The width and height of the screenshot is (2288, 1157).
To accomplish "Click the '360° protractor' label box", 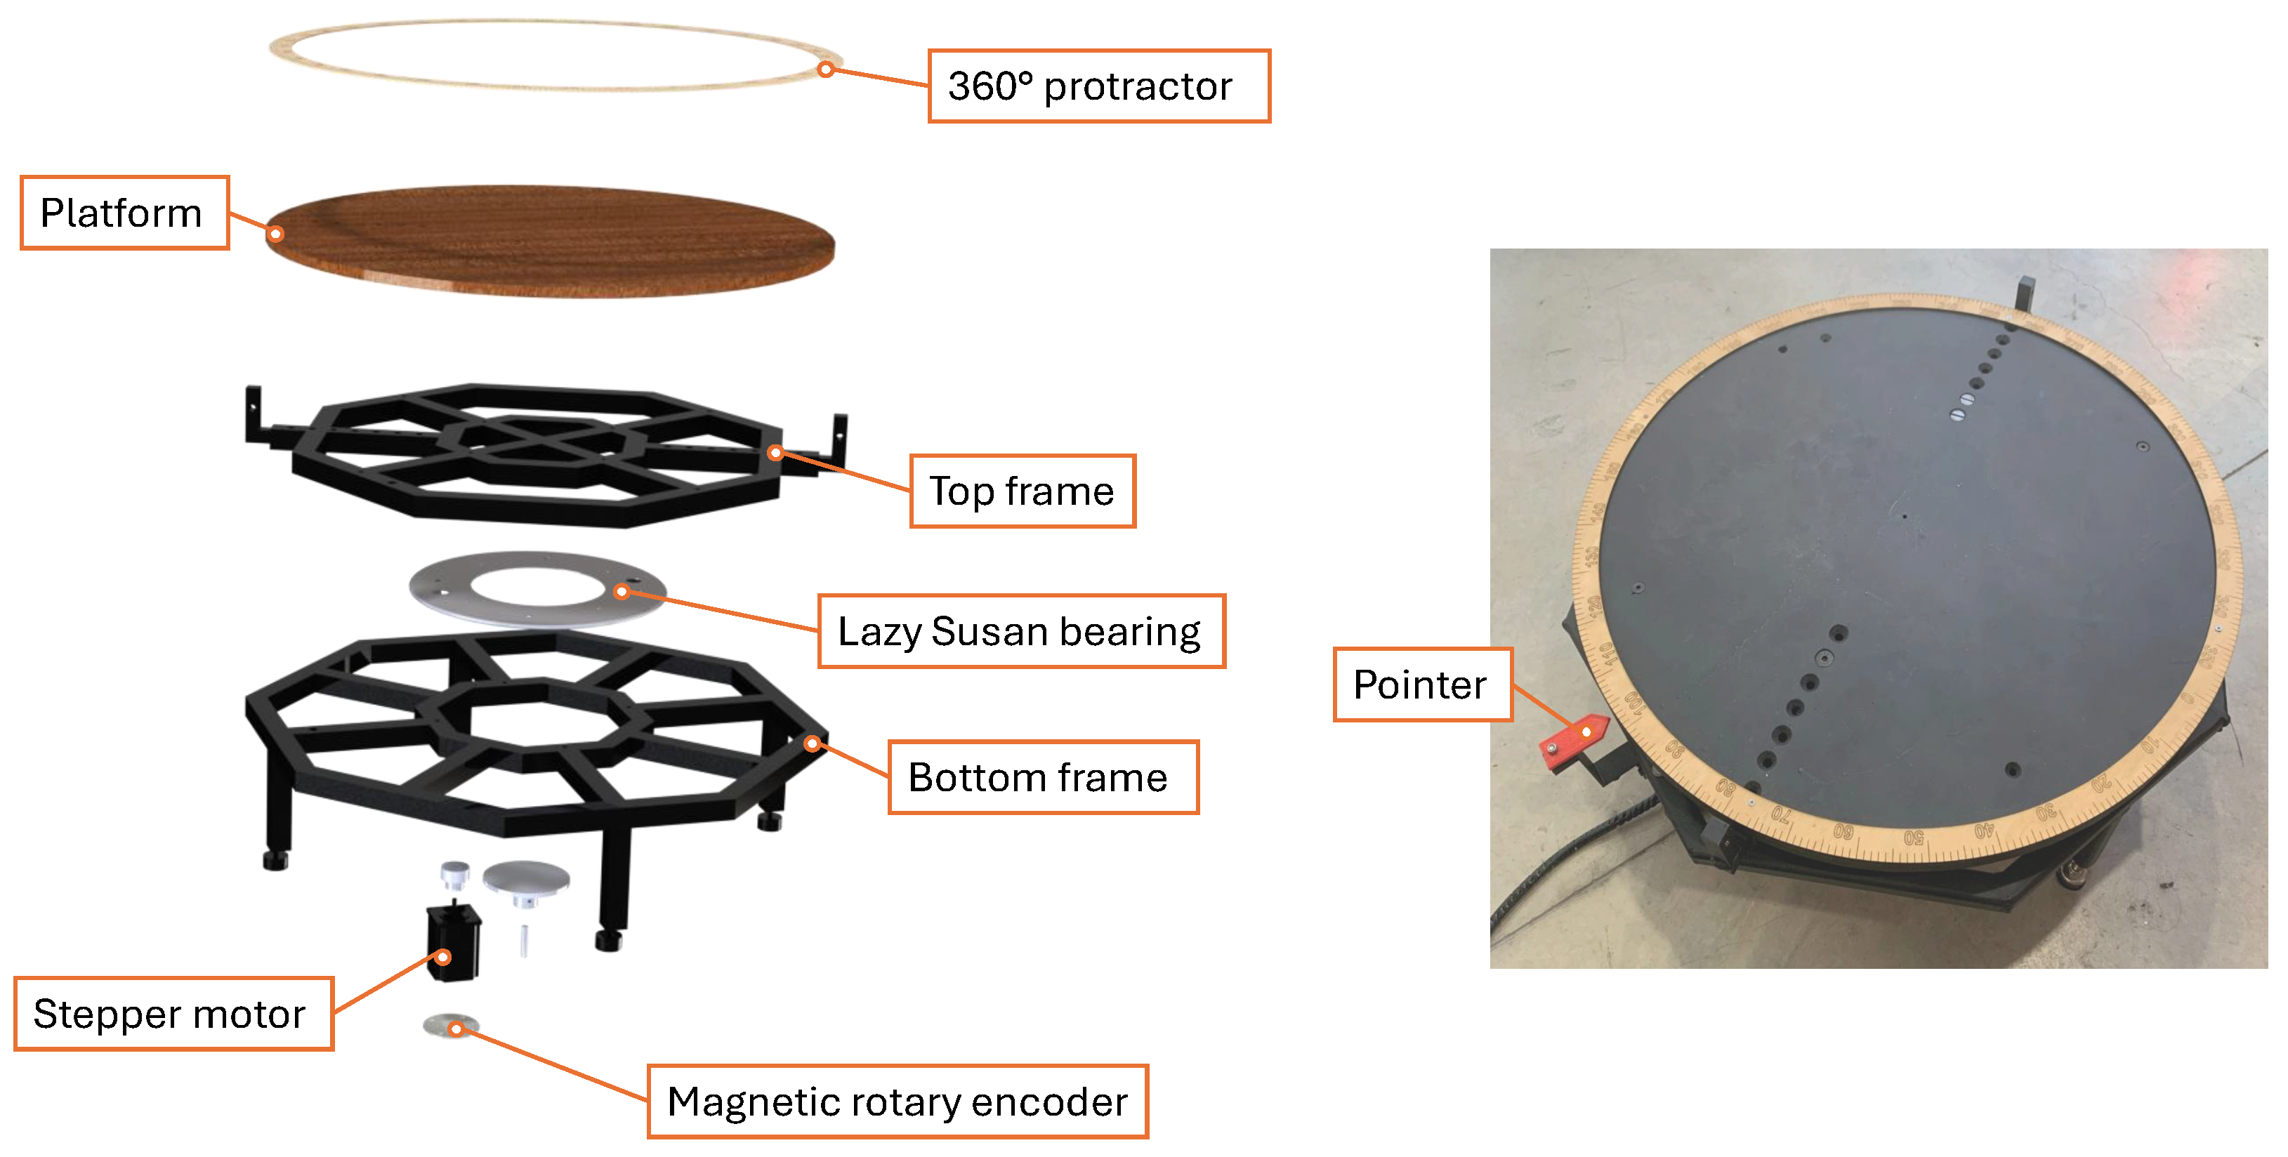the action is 1098,86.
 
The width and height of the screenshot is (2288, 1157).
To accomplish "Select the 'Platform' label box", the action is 124,213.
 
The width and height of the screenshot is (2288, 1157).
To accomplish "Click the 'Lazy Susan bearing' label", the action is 1020,631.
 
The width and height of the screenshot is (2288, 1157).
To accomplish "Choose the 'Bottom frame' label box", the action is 1043,777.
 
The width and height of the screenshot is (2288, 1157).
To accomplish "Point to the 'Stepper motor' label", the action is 173,1014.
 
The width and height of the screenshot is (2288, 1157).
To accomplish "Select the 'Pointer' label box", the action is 1422,685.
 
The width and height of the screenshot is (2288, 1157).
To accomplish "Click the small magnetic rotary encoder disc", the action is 450,1026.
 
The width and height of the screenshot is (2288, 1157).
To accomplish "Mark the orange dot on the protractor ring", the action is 826,70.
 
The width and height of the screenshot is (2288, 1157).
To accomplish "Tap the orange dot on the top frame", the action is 775,453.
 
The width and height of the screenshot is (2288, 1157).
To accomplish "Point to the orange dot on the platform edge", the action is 276,234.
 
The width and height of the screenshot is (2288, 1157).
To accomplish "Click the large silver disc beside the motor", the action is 526,878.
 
